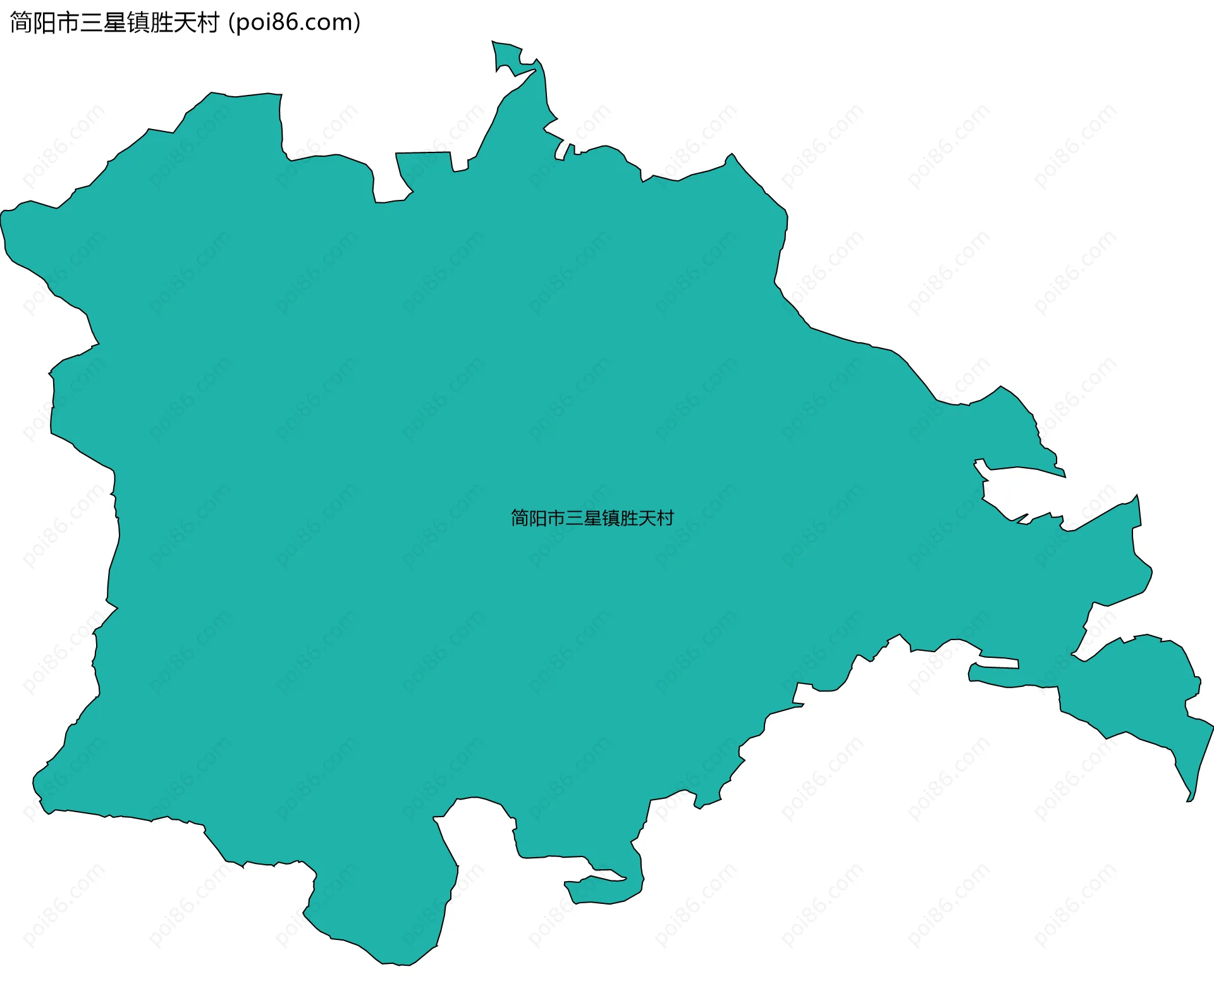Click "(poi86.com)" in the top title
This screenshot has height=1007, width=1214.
[x=295, y=23]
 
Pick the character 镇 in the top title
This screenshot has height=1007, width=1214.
[x=139, y=23]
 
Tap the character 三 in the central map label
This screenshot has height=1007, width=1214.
[x=574, y=519]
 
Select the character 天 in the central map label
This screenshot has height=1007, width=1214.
[x=647, y=519]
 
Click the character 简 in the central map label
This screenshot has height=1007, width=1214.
[x=520, y=519]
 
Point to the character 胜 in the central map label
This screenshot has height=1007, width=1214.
[x=628, y=519]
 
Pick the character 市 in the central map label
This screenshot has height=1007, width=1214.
[x=556, y=519]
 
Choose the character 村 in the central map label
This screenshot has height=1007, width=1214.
[x=665, y=519]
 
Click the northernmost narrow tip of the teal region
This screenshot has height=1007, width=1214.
[x=494, y=43]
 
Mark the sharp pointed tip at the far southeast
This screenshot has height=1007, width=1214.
[x=1189, y=801]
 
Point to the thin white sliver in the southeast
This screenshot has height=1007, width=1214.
[x=996, y=663]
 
